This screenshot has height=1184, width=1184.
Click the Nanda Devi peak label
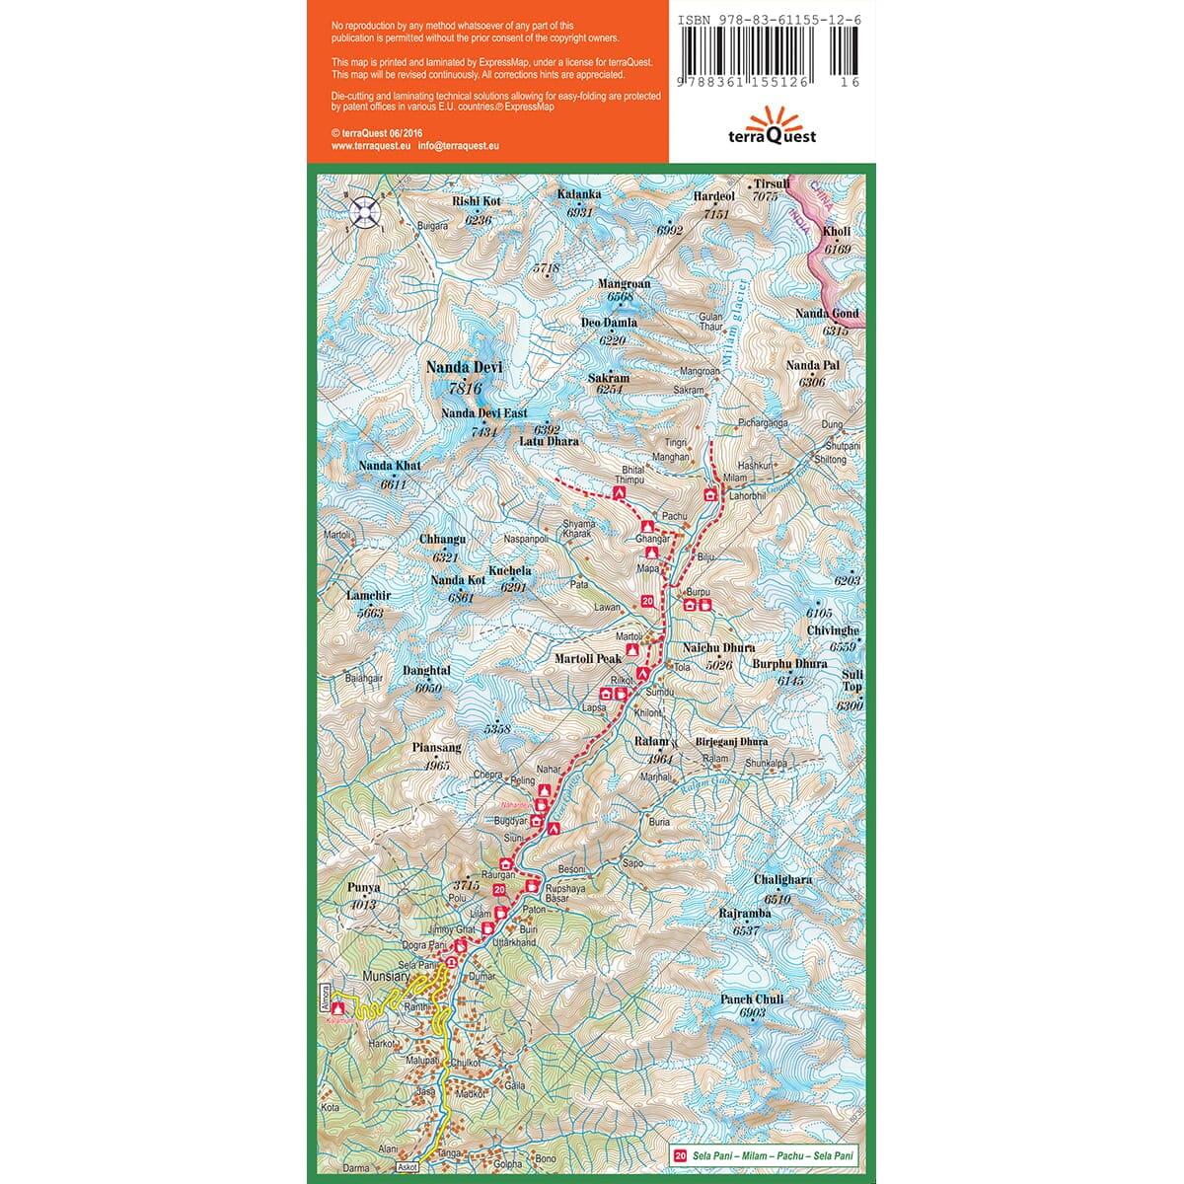tap(464, 367)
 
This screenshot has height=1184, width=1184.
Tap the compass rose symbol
tap(365, 209)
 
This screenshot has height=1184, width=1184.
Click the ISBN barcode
tap(769, 53)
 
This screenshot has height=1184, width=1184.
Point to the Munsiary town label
tap(386, 976)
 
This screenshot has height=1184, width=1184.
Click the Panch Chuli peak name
tap(752, 999)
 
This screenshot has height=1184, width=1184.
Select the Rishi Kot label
tap(477, 201)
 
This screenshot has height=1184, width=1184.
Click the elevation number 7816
tap(464, 388)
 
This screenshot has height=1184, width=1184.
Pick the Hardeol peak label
tap(714, 196)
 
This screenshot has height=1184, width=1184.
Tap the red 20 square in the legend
tap(680, 1156)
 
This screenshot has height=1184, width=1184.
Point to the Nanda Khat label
tap(390, 466)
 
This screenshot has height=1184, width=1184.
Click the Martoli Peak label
tap(588, 658)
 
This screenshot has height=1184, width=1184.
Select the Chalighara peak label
tap(782, 879)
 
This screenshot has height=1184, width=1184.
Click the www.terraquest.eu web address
tap(370, 145)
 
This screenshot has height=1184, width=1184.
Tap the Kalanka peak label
tap(579, 194)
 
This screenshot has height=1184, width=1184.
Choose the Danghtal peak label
tap(426, 670)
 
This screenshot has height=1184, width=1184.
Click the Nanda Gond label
tap(827, 314)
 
